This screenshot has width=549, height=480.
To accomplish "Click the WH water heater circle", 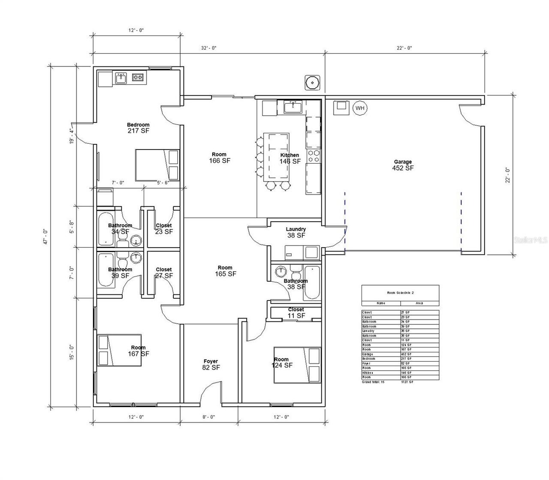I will [x=359, y=108].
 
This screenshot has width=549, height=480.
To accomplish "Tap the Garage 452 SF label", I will [x=403, y=165].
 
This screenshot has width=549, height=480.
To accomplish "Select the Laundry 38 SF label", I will [x=296, y=232].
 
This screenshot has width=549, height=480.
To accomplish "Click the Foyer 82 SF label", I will [x=211, y=364].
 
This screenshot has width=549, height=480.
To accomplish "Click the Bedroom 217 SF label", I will [x=138, y=128].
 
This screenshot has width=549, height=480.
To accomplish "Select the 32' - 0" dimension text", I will [x=208, y=48].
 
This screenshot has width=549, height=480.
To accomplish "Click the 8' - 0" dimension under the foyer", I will [x=208, y=417].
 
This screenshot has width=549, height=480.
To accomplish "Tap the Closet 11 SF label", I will [x=296, y=312].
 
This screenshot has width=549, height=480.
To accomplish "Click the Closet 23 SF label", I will [x=164, y=228].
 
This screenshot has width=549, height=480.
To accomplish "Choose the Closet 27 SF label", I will [x=164, y=273].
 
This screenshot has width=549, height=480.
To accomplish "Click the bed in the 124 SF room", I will [x=297, y=365].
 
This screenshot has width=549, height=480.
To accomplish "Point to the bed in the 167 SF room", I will [x=120, y=350].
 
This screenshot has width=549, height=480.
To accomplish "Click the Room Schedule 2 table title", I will [x=400, y=293].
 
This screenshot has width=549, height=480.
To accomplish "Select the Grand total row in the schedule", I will [x=400, y=381].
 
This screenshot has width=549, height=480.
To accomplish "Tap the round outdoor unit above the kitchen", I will [x=313, y=82].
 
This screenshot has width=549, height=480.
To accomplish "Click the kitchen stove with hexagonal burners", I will [x=314, y=156].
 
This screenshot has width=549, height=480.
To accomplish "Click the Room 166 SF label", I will [x=219, y=158].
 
